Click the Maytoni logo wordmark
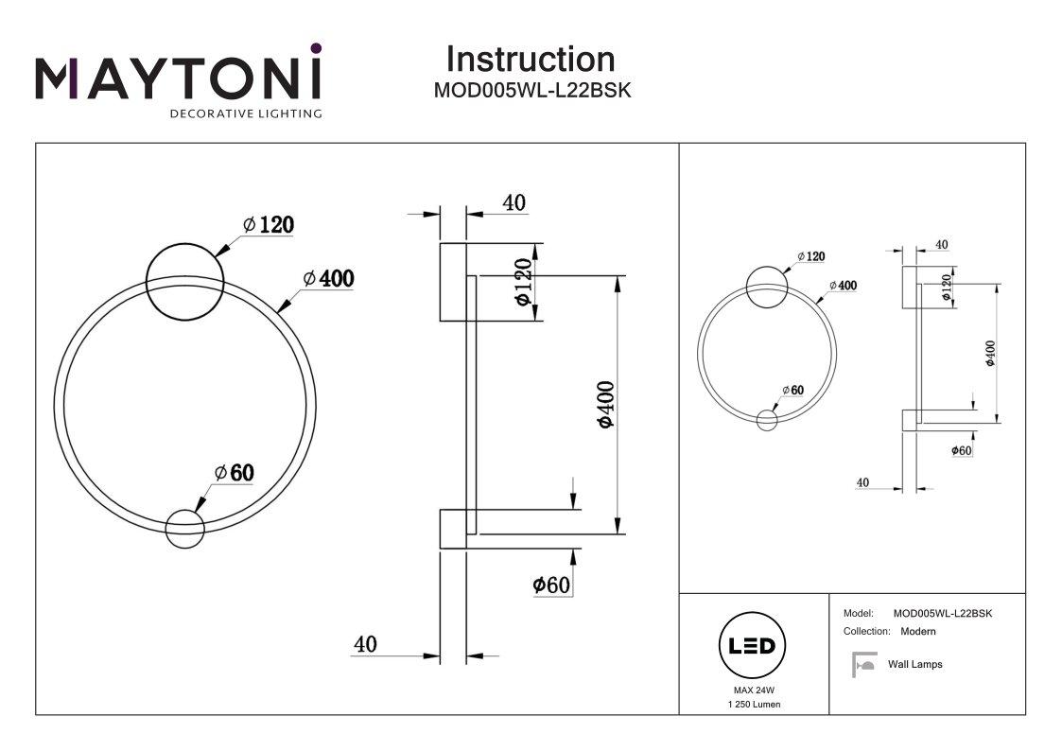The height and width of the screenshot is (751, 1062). (179, 78)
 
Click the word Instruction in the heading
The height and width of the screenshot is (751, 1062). (530, 59)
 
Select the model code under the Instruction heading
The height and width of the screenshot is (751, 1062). (531, 91)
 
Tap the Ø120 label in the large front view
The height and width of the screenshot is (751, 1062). (268, 224)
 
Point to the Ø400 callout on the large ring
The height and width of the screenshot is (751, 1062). (328, 278)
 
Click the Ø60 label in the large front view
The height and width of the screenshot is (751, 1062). (235, 473)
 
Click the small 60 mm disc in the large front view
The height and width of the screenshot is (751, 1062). (184, 527)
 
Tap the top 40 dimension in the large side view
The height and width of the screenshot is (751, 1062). (514, 202)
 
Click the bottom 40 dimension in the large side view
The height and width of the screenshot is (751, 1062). (365, 644)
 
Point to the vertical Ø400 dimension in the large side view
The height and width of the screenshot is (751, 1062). (606, 404)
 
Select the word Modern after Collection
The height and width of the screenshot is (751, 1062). (917, 631)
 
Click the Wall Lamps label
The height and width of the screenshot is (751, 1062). (914, 664)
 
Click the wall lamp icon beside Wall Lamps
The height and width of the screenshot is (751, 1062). (862, 664)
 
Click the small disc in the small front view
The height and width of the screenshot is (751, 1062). (767, 418)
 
